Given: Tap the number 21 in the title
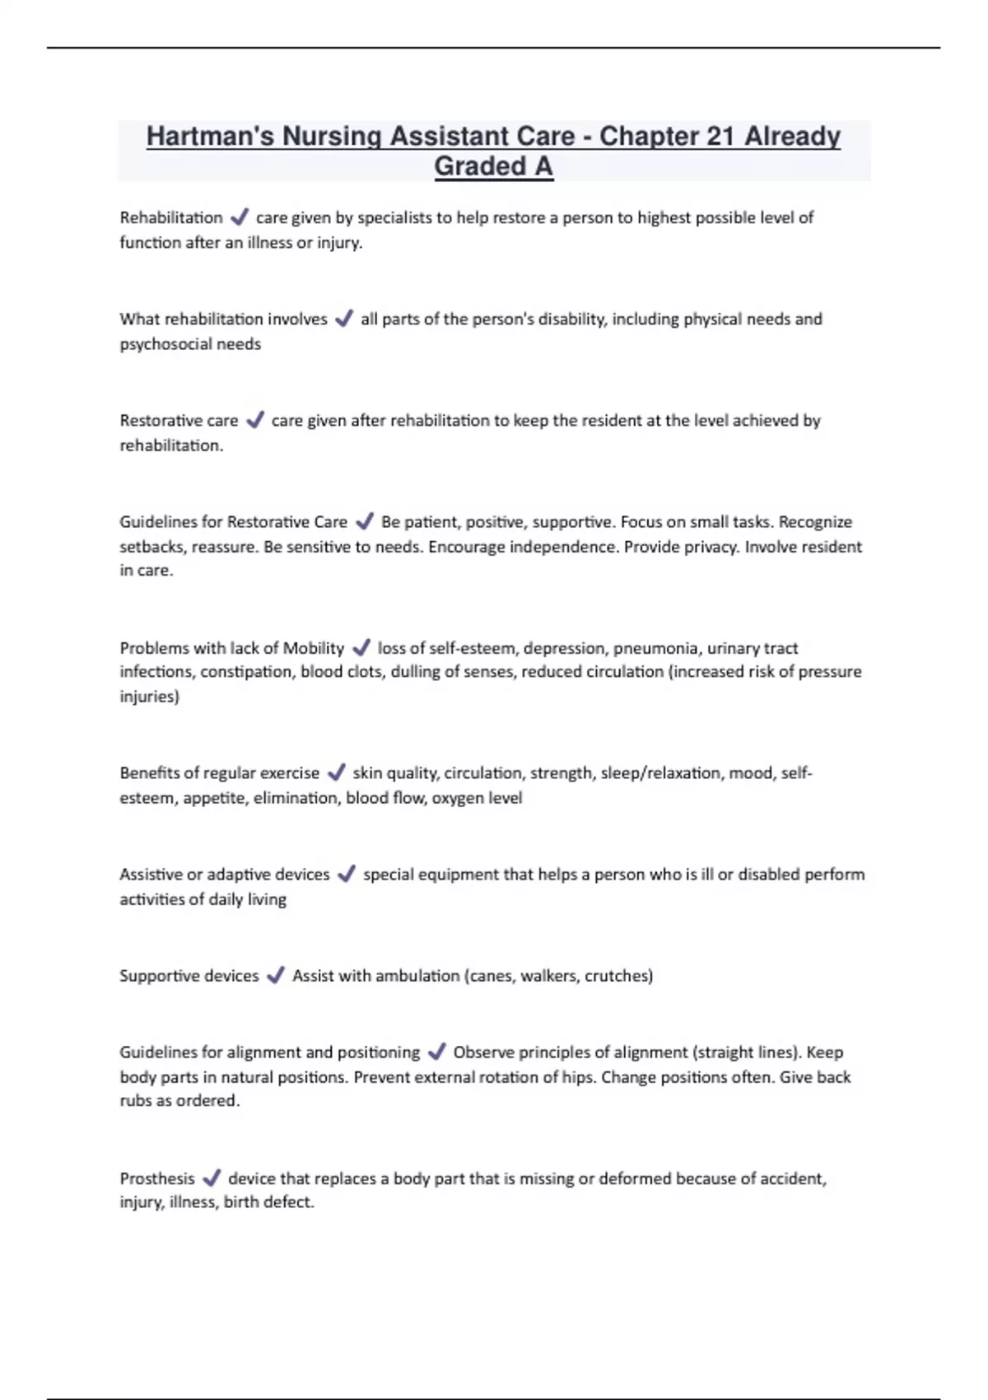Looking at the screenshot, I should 719,137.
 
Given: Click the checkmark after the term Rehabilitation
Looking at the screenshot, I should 240,217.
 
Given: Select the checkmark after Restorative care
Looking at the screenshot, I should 255,420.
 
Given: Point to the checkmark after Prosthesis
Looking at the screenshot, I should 212,1178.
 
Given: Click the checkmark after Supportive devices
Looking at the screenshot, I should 276,976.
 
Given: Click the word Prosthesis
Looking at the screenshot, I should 157,1178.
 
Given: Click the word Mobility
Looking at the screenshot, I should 313,648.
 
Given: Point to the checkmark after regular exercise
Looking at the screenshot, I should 336,773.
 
